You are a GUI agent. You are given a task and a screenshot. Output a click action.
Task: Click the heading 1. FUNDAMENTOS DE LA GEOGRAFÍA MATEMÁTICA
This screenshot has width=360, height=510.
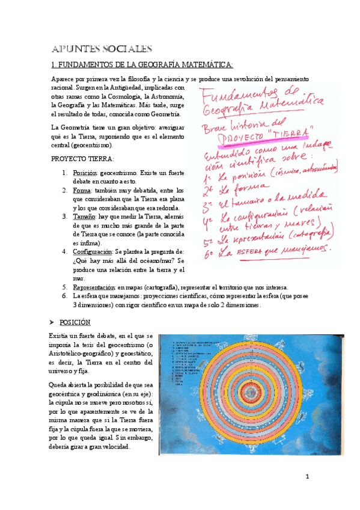pyautogui.click(x=142, y=64)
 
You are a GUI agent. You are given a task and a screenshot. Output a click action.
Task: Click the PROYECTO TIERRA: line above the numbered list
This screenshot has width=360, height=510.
pyautogui.click(x=82, y=159)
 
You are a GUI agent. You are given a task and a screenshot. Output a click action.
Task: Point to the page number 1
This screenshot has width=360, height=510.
pyautogui.click(x=307, y=477)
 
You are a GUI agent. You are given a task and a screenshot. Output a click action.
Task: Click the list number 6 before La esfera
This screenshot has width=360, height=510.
pyautogui.click(x=64, y=296)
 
